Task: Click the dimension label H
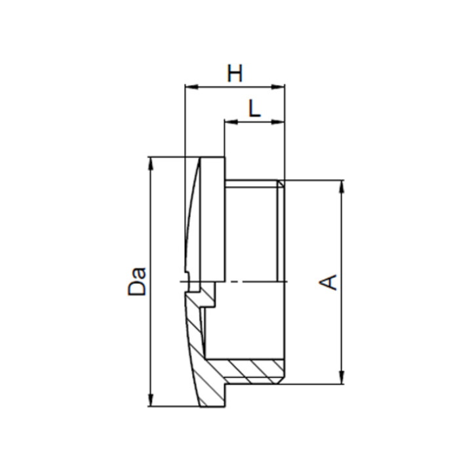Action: click(235, 73)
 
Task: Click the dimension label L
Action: click(254, 108)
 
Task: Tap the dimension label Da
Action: click(137, 281)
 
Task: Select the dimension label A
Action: click(328, 282)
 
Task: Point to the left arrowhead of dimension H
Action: click(191, 87)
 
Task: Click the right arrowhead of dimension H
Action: click(278, 87)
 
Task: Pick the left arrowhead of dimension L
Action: click(231, 122)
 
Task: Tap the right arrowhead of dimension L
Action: click(278, 122)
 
